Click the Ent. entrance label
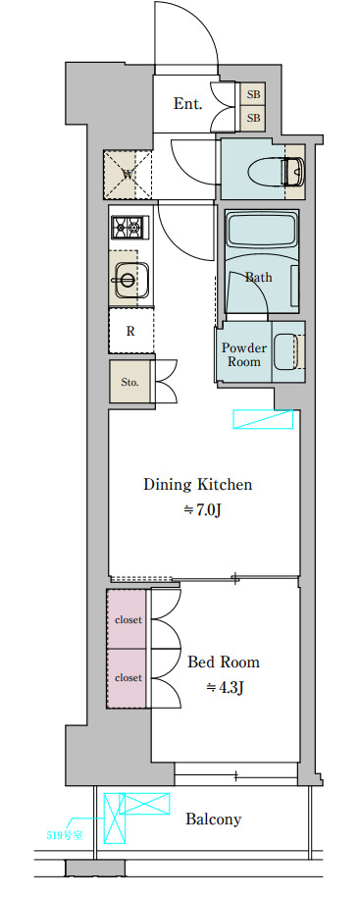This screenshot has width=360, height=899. coord(187,104)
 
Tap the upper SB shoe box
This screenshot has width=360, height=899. coord(253,93)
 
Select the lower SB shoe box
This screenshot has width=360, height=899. coord(253,118)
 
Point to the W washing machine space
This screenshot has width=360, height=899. coord(129,175)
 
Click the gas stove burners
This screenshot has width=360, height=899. coord(130,228)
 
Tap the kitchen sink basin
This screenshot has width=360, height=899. coord(130,279)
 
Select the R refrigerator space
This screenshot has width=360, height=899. coord(131,332)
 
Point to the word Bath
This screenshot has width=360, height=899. coord(259,278)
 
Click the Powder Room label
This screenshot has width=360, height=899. coord(244,355)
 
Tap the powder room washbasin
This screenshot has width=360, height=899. coord(289,352)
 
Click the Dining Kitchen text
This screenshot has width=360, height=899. coord(197,485)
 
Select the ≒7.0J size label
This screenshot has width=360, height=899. coord(202,510)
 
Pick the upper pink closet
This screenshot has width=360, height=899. coord(128,620)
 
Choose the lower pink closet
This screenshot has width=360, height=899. coord(128,678)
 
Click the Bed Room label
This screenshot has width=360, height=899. coord(224,662)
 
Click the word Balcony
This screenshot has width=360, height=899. coord(213,820)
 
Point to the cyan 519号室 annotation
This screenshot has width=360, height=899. coord(64,835)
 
